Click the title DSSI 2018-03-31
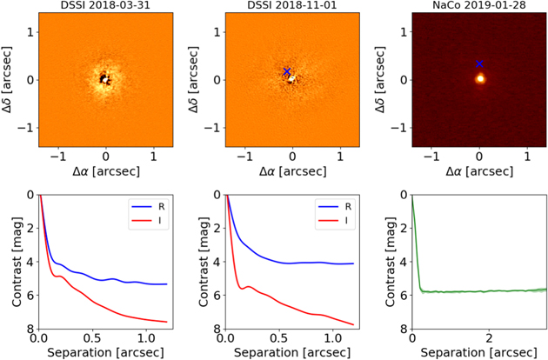[x=105, y=5]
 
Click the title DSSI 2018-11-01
[x=292, y=5]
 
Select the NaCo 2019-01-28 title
[x=478, y=5]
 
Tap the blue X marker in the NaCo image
[x=479, y=63]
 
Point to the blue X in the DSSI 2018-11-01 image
[x=287, y=71]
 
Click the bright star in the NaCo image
[x=480, y=78]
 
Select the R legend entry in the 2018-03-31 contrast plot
[x=148, y=207]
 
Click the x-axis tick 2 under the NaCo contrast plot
[x=489, y=338]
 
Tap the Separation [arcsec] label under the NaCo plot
[x=478, y=352]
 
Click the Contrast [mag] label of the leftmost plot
[x=17, y=262]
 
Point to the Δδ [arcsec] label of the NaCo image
[x=380, y=79]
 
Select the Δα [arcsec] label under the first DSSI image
[x=106, y=171]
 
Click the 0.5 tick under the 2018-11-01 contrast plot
[x=279, y=338]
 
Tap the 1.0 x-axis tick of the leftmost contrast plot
[x=146, y=338]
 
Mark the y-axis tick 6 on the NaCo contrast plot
[x=404, y=296]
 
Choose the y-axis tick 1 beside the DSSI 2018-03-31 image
[x=30, y=32]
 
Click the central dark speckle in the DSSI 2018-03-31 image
[x=104, y=79]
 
